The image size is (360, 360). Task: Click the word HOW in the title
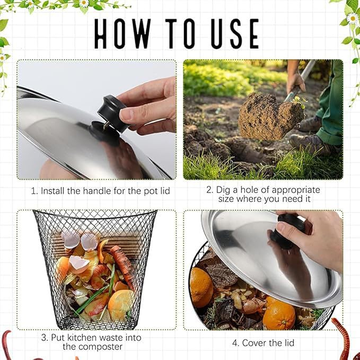pyautogui.click(x=122, y=33)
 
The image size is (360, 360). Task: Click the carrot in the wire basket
pyautogui.click(x=122, y=266)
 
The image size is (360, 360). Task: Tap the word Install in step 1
pyautogui.click(x=52, y=191)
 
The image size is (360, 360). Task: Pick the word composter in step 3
pyautogui.click(x=93, y=347)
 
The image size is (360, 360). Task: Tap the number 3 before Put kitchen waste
pyautogui.click(x=45, y=338)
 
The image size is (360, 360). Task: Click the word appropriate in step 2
pyautogui.click(x=296, y=190)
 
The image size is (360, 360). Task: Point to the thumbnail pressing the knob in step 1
pyautogui.click(x=127, y=114)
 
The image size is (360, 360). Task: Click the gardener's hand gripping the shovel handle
pyautogui.click(x=296, y=83)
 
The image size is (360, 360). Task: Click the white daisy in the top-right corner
pyautogui.click(x=352, y=19)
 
